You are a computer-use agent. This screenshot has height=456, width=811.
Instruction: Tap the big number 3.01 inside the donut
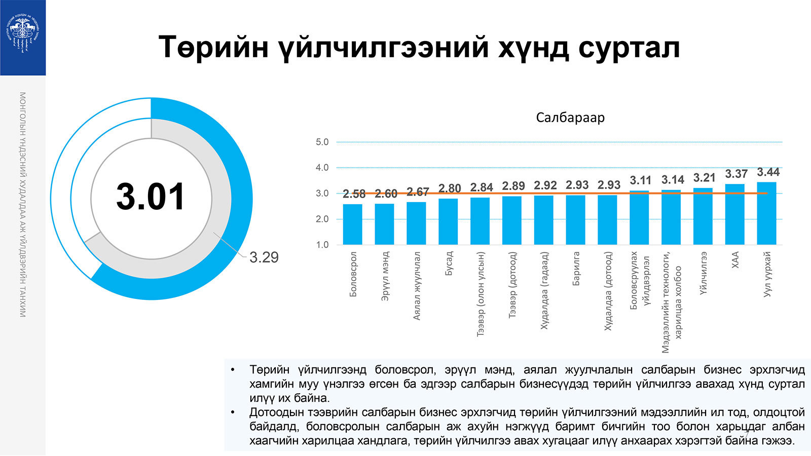point(151,197)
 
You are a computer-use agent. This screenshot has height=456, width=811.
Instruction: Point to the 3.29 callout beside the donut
point(264,257)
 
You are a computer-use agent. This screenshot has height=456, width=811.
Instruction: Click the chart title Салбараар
point(570,118)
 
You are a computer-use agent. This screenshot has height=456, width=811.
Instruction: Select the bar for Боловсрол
point(352,224)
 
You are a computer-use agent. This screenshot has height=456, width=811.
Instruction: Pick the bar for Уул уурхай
point(766,213)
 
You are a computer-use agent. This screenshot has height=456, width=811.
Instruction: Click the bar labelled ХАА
point(734,214)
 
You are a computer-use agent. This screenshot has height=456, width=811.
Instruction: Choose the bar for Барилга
point(575,220)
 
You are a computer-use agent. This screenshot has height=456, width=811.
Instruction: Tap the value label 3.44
point(768,172)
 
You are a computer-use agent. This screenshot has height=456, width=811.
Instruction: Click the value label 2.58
point(354,194)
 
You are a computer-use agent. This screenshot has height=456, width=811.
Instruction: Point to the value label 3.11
point(641,180)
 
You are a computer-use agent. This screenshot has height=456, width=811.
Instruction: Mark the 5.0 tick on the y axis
point(322,142)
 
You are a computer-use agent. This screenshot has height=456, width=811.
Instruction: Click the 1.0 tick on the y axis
point(322,245)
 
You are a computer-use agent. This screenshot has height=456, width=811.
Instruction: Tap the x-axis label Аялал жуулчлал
point(417,286)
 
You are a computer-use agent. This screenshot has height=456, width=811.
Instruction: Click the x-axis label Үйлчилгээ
point(704,273)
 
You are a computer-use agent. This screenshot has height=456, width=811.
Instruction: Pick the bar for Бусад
point(448,221)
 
